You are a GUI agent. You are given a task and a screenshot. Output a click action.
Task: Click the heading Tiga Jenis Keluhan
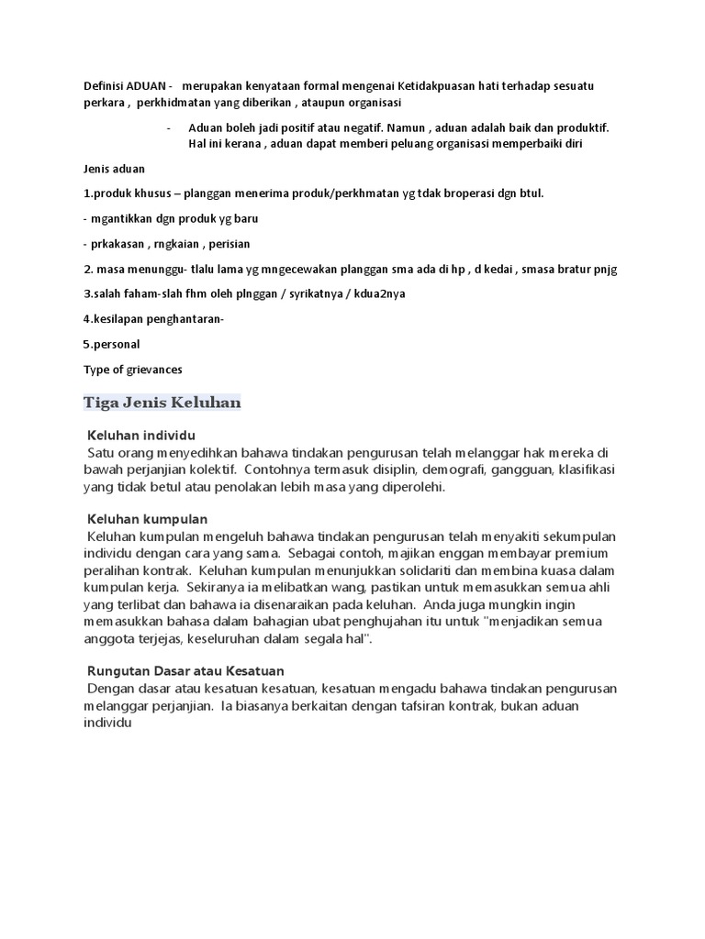(162, 403)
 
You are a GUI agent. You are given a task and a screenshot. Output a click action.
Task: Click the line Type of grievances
(133, 370)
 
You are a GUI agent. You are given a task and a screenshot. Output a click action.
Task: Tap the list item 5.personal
(111, 345)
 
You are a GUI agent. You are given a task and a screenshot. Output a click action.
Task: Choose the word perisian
(229, 245)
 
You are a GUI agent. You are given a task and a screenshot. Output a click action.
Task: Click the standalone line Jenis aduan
(114, 170)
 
